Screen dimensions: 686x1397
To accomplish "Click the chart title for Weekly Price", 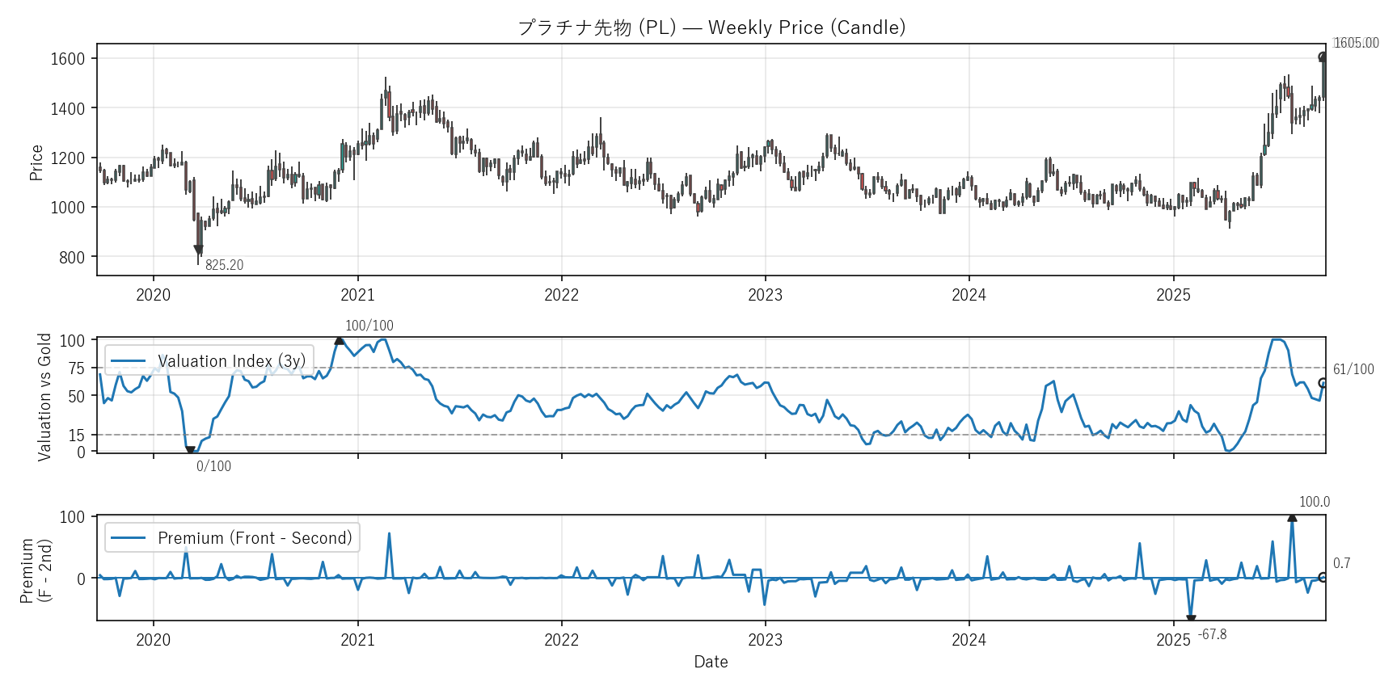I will [x=711, y=27].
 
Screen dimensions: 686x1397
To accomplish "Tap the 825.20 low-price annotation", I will [x=224, y=265].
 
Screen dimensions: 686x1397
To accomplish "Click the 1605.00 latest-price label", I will [x=1356, y=43].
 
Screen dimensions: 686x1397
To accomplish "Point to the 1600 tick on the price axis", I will [x=68, y=59].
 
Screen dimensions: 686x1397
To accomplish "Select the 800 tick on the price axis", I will [x=72, y=258].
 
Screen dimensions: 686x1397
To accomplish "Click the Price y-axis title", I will [x=36, y=162].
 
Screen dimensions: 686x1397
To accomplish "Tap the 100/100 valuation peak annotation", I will [x=369, y=326].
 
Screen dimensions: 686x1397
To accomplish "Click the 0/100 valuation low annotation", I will [x=213, y=466].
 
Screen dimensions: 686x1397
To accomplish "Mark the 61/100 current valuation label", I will [x=1353, y=369].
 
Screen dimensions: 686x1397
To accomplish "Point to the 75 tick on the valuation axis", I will [x=76, y=368].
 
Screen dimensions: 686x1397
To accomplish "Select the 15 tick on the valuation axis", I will [x=76, y=436].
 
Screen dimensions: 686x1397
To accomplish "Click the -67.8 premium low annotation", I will [x=1212, y=634].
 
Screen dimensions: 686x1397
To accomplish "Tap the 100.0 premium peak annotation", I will [x=1314, y=502].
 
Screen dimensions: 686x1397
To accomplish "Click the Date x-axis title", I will [x=711, y=662].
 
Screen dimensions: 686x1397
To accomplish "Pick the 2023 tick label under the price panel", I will [x=765, y=295].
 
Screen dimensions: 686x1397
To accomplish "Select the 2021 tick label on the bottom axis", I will [x=357, y=640].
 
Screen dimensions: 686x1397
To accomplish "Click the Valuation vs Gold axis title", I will [x=44, y=397].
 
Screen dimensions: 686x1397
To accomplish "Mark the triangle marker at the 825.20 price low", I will [x=199, y=250].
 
